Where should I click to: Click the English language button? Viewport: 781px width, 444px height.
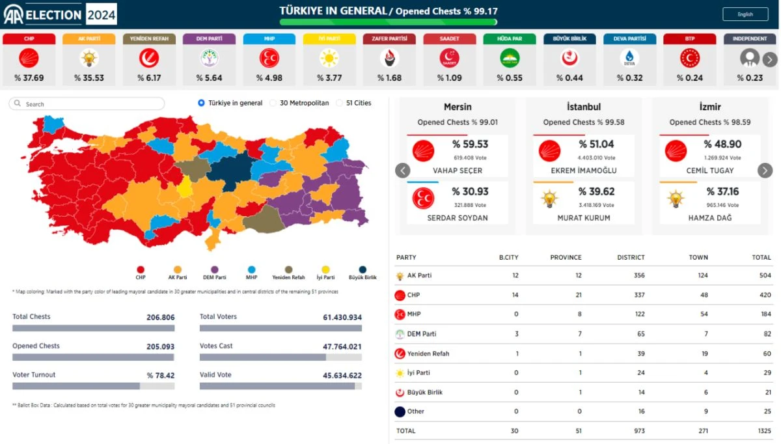pyautogui.click(x=745, y=14)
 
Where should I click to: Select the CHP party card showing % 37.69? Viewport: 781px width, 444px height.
pyautogui.click(x=29, y=60)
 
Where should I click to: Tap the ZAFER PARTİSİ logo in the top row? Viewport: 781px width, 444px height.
pyautogui.click(x=389, y=58)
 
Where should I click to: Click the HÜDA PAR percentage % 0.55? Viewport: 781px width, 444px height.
pyautogui.click(x=509, y=78)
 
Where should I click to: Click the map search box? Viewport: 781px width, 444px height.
pyautogui.click(x=88, y=104)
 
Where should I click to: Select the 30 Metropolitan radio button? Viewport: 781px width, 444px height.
pyautogui.click(x=273, y=103)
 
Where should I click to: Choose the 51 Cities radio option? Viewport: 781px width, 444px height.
pyautogui.click(x=340, y=103)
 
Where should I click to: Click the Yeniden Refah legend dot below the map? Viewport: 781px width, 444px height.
pyautogui.click(x=289, y=270)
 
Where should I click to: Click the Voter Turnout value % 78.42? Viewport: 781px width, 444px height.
pyautogui.click(x=160, y=375)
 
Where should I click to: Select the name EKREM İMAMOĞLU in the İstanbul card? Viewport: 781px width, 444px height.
pyautogui.click(x=583, y=171)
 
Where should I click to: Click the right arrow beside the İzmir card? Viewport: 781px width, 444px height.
pyautogui.click(x=765, y=171)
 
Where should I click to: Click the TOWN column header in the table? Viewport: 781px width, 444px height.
pyautogui.click(x=698, y=257)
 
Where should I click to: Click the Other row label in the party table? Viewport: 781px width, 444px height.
pyautogui.click(x=415, y=411)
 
